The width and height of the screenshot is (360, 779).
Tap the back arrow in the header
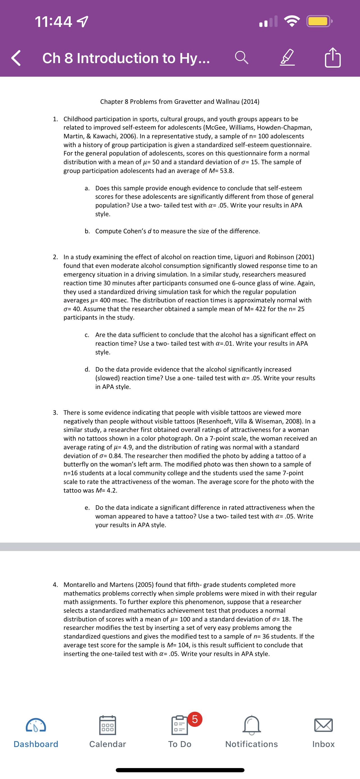tap(16, 58)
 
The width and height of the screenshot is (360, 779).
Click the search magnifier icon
tap(241, 57)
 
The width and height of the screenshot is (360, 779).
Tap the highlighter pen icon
tap(287, 57)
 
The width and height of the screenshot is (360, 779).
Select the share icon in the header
tap(333, 57)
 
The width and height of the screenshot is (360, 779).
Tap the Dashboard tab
tap(36, 732)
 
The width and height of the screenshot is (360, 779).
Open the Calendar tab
tap(107, 732)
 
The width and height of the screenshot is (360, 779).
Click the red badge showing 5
tap(195, 719)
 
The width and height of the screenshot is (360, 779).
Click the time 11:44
tap(54, 22)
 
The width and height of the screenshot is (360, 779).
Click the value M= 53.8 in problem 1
tap(221, 171)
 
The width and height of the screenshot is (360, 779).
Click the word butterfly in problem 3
tap(77, 464)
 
